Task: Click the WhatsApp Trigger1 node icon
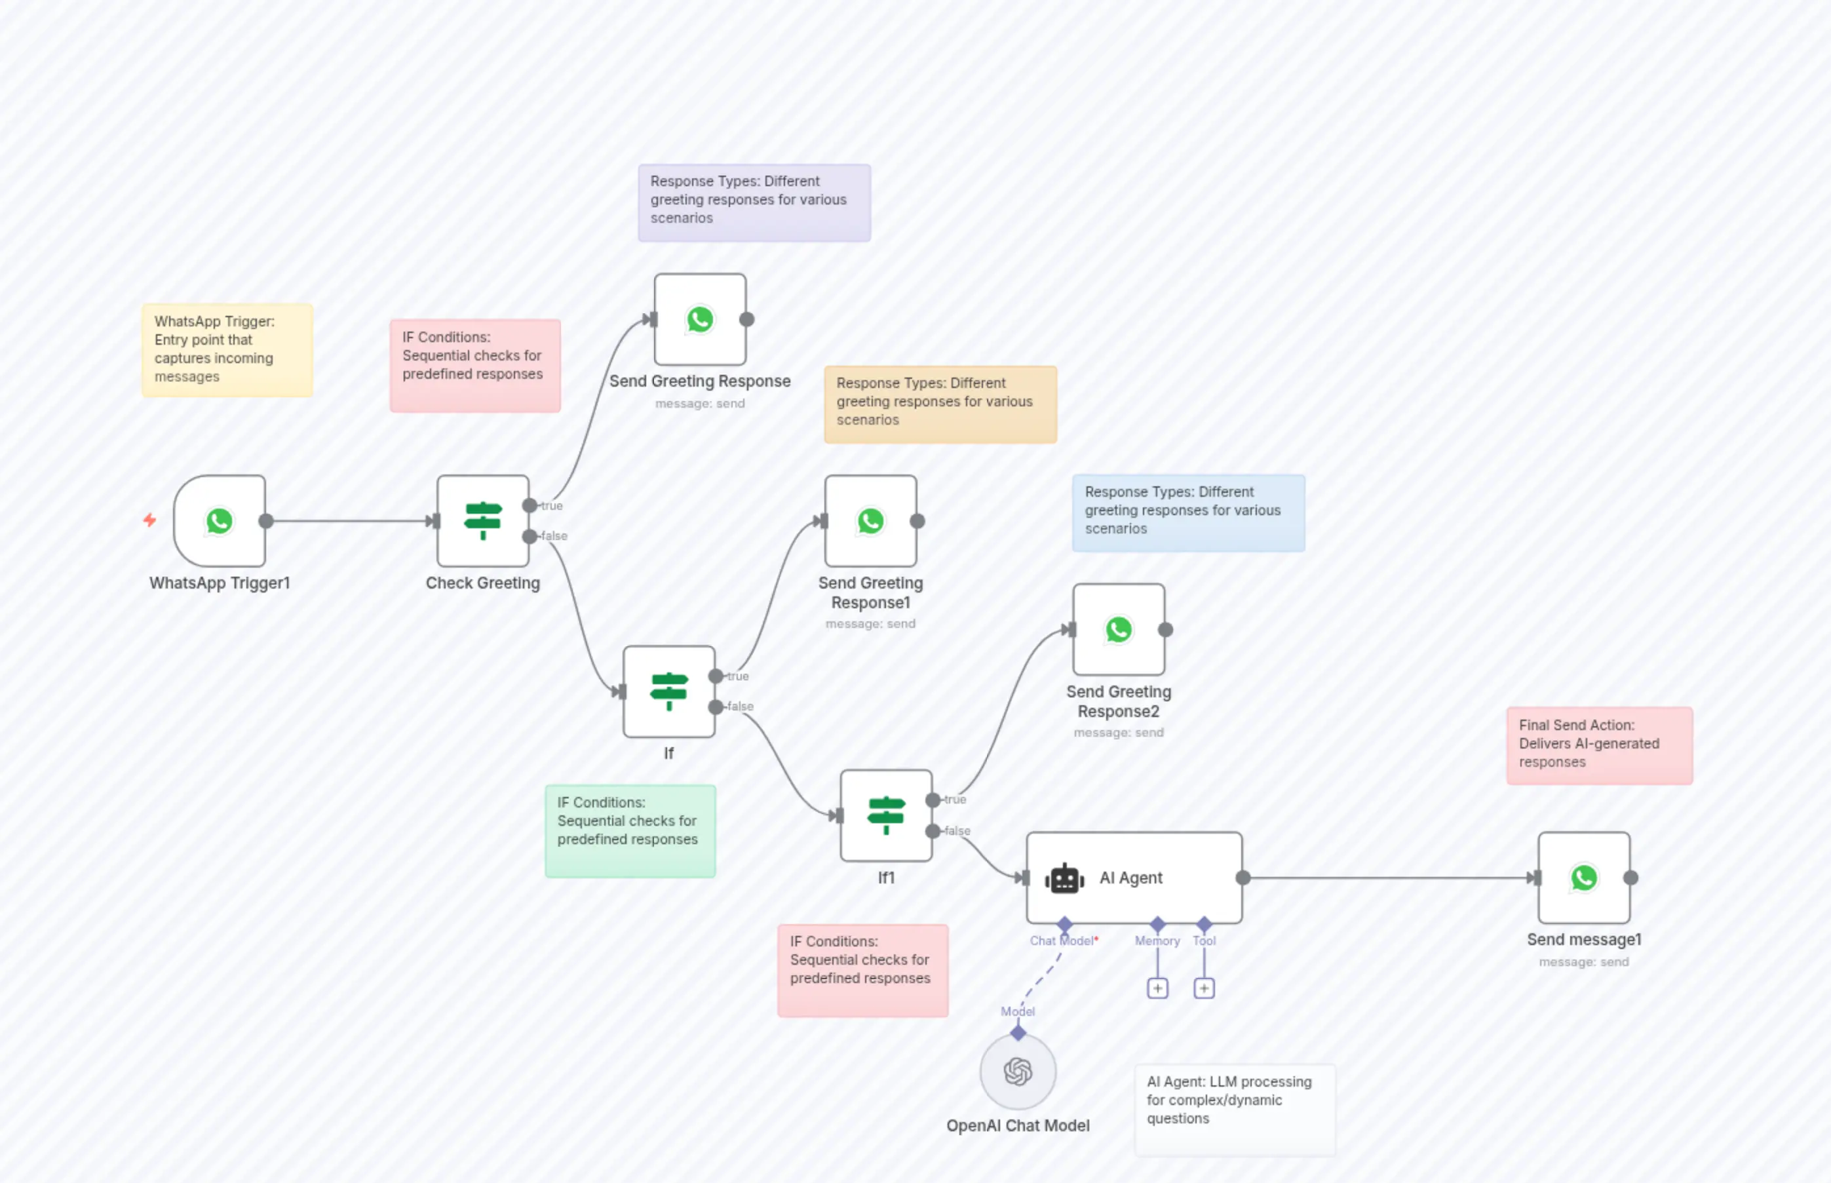tap(220, 521)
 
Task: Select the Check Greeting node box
tap(482, 521)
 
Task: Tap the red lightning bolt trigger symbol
tap(150, 520)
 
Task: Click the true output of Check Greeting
tap(530, 505)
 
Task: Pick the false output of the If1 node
tap(933, 830)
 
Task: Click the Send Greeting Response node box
tap(700, 320)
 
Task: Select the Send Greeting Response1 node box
tap(870, 521)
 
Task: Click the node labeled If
tap(669, 691)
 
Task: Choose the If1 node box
tap(886, 816)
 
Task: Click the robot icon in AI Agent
tap(1064, 878)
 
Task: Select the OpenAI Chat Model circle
tap(1018, 1072)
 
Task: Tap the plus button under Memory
tap(1157, 988)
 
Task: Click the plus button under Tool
tap(1205, 988)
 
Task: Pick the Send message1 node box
tap(1584, 878)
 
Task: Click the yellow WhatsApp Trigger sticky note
tap(227, 350)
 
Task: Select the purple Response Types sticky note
tap(754, 203)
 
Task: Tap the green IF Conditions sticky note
tap(630, 831)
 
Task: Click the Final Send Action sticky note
tap(1599, 745)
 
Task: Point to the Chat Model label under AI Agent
tap(1062, 941)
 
